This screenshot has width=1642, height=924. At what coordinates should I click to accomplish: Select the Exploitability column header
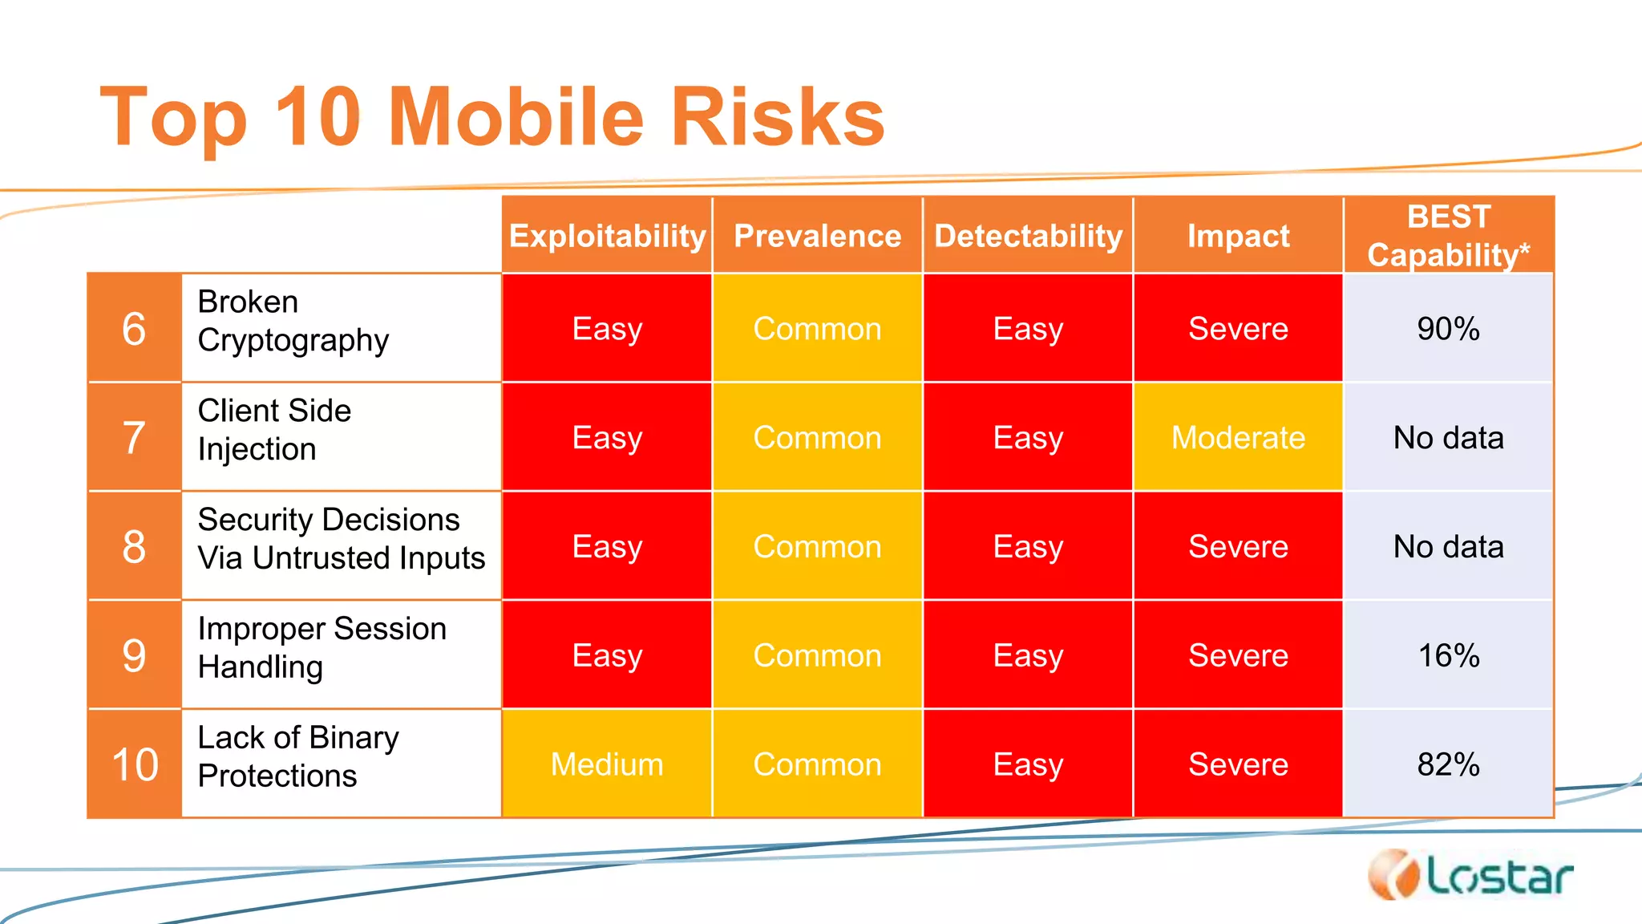coord(607,236)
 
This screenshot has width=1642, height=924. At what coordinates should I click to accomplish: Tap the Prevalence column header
coord(817,236)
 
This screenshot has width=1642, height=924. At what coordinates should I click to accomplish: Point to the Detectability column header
coord(1028,236)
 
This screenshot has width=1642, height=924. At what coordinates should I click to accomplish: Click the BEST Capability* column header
coord(1448,236)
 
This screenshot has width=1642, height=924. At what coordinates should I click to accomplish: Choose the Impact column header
coord(1238,236)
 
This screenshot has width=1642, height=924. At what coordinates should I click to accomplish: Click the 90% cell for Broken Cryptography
coord(1448,329)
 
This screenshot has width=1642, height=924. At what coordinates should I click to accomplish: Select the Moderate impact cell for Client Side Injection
coord(1238,438)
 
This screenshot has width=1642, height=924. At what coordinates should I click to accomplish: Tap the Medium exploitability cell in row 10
coord(607,764)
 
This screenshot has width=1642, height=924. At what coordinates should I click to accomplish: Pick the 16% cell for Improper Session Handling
coord(1448,655)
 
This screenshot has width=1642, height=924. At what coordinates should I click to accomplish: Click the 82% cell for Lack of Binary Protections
coord(1448,764)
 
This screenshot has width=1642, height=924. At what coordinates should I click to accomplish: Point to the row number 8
coord(134,547)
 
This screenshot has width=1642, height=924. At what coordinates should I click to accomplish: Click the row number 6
coord(134,329)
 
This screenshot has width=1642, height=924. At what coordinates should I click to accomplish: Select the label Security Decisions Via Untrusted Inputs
coord(341,539)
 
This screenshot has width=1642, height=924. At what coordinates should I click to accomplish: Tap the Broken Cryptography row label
coord(293,322)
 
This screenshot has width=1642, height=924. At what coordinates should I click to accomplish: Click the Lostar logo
coord(1470,876)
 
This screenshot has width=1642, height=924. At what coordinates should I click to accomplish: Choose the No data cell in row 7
coord(1448,438)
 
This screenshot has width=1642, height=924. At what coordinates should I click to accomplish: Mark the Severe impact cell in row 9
coord(1238,655)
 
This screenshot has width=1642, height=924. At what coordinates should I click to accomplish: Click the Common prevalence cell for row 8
coord(817,547)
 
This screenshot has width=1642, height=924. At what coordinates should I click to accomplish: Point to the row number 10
coord(134,764)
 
